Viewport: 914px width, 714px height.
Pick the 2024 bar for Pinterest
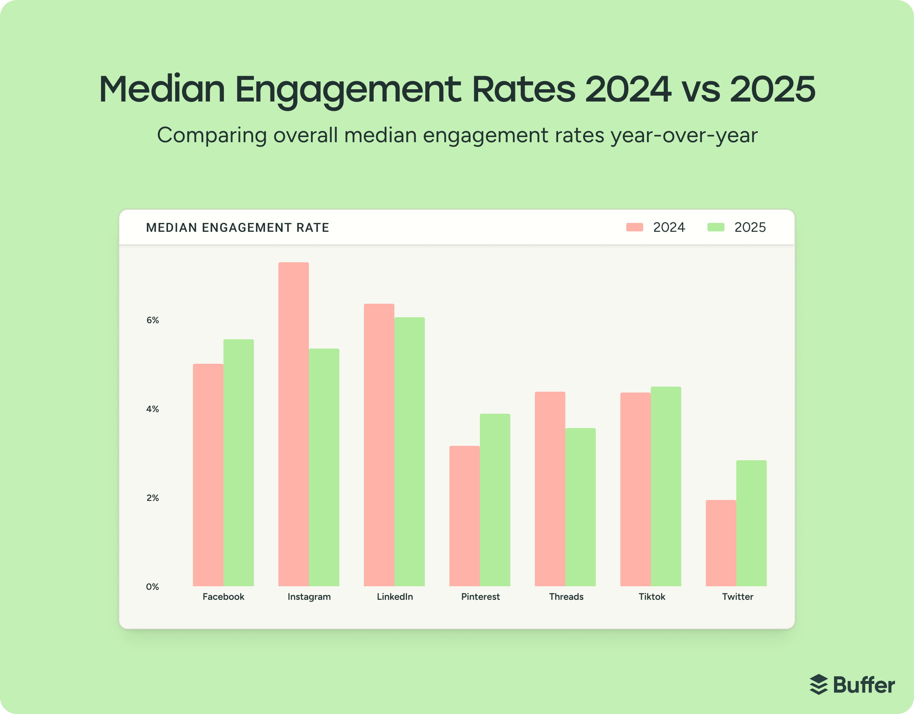pos(464,516)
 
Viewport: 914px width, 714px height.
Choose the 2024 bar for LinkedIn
pos(379,445)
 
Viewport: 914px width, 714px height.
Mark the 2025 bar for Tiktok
pos(666,486)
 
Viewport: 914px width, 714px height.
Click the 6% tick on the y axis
pos(152,320)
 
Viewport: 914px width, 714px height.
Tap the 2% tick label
pos(152,498)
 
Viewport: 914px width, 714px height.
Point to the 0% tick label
pos(152,587)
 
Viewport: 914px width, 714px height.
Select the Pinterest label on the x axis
pos(480,597)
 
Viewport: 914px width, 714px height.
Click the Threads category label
pos(566,597)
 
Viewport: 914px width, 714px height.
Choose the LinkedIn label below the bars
pos(395,597)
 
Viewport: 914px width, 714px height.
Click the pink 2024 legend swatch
pos(634,227)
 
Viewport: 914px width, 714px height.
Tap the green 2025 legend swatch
pos(716,227)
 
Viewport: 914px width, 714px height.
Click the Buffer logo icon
pos(818,684)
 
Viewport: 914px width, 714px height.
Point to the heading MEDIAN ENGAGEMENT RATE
pos(237,228)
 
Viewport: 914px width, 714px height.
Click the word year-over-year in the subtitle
pos(684,135)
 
